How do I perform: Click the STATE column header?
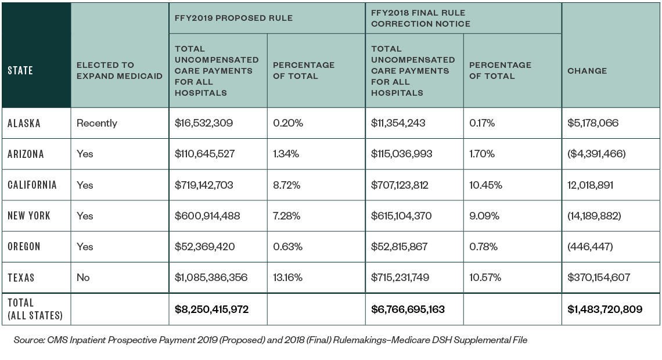(20, 71)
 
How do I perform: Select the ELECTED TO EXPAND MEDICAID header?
(111, 71)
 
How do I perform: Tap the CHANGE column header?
(587, 71)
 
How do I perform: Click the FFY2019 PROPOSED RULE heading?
(233, 18)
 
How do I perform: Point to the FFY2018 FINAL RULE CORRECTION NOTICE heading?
(420, 18)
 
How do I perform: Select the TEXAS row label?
(21, 278)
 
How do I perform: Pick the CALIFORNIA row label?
(33, 185)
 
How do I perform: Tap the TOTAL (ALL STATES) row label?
(35, 309)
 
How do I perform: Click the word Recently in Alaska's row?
(96, 123)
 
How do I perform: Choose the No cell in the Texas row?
(83, 278)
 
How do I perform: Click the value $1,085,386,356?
(211, 278)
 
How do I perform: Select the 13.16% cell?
(287, 278)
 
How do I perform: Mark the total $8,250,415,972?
(211, 309)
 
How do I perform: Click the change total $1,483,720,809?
(605, 309)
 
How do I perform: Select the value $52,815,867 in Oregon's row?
(399, 247)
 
